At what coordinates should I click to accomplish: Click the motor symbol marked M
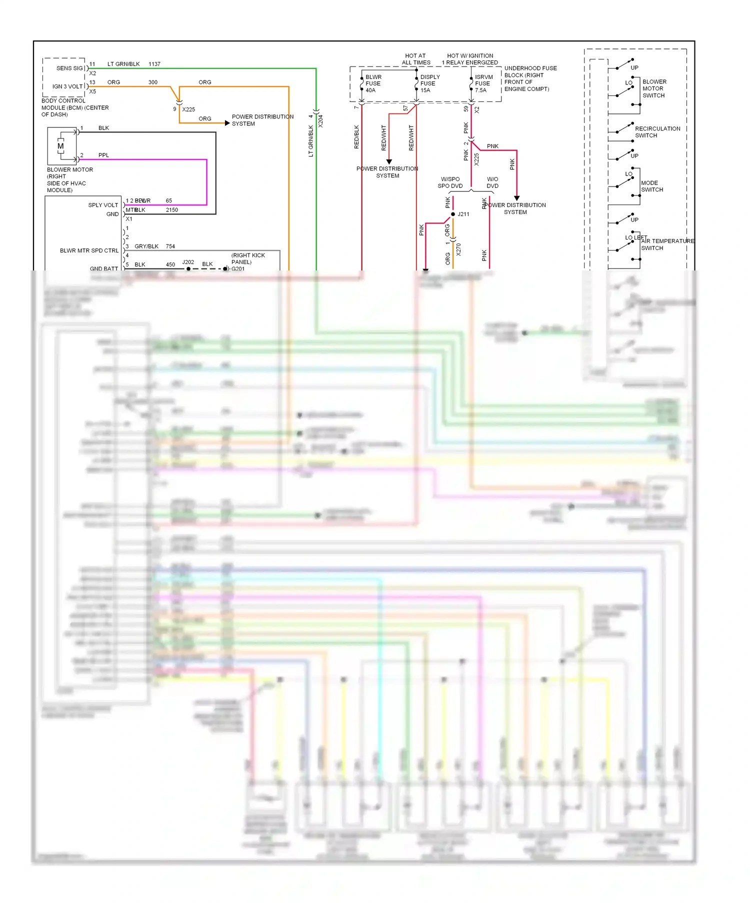(60, 146)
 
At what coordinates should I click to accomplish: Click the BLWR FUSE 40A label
(373, 83)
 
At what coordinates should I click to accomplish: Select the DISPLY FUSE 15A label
(429, 83)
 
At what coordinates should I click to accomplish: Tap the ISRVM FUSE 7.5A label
(483, 83)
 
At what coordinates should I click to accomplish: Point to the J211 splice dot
(453, 214)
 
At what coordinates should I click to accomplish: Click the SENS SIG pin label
(69, 68)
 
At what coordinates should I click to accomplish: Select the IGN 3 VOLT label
(67, 86)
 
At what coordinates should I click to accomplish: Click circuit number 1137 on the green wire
(154, 64)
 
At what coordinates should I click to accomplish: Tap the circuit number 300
(152, 82)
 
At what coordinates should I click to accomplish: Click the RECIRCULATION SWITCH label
(657, 132)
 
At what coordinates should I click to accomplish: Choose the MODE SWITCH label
(652, 186)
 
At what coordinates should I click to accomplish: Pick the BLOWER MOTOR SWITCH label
(654, 88)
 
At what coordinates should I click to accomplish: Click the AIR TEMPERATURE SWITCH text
(667, 244)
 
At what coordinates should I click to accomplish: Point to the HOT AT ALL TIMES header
(415, 59)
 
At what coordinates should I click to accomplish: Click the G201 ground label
(238, 269)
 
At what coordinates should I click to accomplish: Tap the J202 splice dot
(188, 269)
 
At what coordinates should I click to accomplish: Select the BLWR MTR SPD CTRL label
(89, 250)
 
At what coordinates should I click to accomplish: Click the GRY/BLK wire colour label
(146, 246)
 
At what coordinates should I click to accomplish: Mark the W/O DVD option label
(492, 182)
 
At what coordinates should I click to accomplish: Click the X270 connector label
(458, 249)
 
